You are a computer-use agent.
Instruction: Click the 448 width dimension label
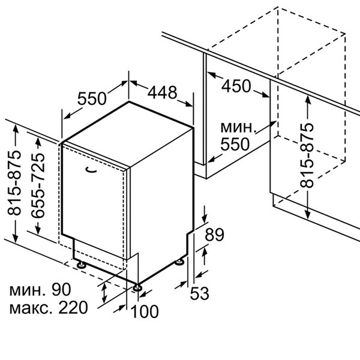point(163,92)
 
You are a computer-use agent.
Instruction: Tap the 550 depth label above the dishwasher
point(93,98)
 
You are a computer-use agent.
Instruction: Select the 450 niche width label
point(236,86)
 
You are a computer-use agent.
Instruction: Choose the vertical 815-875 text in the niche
point(307,155)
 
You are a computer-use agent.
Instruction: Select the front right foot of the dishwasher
point(138,287)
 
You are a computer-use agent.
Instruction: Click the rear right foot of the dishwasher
point(180,262)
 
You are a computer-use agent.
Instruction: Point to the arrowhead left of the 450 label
point(210,74)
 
